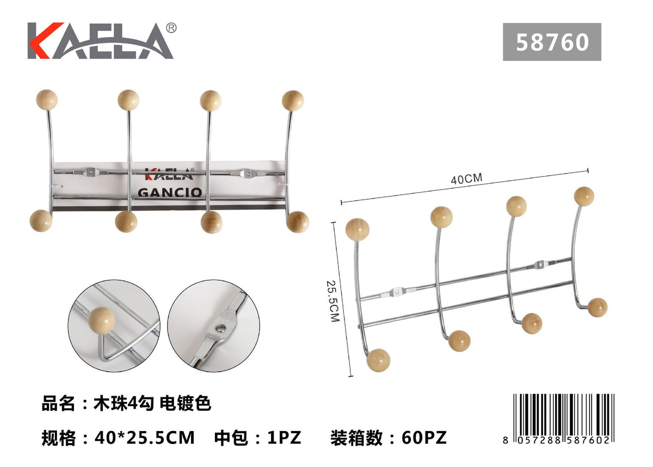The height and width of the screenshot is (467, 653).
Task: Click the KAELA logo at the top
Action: click(101, 41)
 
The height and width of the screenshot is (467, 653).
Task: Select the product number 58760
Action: click(552, 42)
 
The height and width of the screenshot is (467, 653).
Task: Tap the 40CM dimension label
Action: click(466, 179)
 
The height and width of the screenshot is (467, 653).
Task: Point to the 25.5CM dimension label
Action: click(333, 301)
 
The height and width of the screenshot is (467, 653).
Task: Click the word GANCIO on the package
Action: click(170, 192)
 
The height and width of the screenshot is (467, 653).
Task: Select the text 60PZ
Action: click(424, 438)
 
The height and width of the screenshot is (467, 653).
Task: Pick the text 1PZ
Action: click(284, 438)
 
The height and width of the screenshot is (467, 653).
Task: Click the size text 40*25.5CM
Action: click(145, 438)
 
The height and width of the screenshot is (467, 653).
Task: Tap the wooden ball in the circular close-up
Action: click(101, 321)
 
